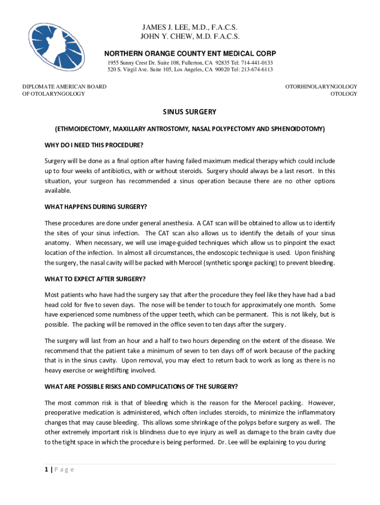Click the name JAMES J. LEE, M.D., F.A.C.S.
point(190,27)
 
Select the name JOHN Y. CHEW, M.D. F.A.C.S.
point(190,36)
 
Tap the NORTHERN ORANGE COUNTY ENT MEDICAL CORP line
point(190,53)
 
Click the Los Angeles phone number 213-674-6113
point(256,70)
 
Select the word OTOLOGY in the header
point(343,94)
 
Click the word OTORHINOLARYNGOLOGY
point(321,86)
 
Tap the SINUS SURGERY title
point(190,112)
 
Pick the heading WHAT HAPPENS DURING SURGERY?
point(96,206)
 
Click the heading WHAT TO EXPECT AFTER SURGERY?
point(95,279)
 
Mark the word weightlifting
point(111,370)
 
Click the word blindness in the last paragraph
point(147,433)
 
